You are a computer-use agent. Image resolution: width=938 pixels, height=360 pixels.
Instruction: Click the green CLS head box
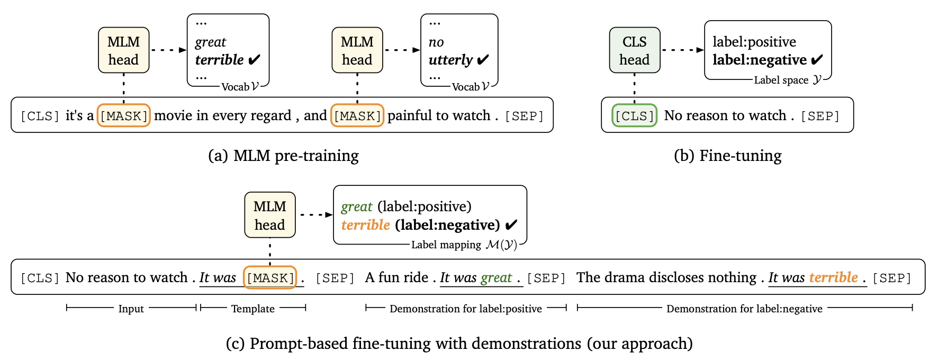point(634,50)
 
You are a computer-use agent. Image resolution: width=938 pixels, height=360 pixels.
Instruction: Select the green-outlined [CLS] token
point(634,115)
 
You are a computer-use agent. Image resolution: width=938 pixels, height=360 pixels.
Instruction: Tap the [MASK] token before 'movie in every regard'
point(124,115)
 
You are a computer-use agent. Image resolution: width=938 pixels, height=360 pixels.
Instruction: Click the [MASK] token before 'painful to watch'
point(357,115)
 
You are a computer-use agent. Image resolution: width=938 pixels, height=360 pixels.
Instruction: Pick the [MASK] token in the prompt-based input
point(270,277)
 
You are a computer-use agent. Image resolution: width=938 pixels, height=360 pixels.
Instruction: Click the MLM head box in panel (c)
point(270,215)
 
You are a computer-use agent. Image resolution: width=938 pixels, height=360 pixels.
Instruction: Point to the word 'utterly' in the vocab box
point(450,60)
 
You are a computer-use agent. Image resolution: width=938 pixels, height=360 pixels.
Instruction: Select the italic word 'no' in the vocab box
point(436,42)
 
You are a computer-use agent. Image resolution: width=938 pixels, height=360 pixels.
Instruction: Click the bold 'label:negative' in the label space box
point(760,60)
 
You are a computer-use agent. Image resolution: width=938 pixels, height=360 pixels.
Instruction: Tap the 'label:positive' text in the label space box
point(754,42)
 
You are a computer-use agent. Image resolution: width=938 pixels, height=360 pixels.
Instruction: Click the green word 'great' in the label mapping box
point(357,207)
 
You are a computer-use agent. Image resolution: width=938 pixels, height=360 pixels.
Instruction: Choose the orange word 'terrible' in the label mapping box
point(366,225)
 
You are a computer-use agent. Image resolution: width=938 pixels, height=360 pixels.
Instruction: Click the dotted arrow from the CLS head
point(683,50)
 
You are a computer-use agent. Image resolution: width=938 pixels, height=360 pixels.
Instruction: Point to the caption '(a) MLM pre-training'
point(283,156)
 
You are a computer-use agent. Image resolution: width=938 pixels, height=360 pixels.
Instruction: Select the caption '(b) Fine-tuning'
point(728,156)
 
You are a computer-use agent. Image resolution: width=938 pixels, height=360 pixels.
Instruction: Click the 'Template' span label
point(253,309)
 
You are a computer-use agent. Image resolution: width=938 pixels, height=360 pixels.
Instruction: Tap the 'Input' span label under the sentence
point(131,309)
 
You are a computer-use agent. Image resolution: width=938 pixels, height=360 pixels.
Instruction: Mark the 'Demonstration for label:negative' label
point(744,309)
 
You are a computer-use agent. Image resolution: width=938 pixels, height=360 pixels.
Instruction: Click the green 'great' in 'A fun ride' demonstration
point(496,278)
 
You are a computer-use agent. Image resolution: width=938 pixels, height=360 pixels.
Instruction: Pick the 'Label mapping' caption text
point(446,245)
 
